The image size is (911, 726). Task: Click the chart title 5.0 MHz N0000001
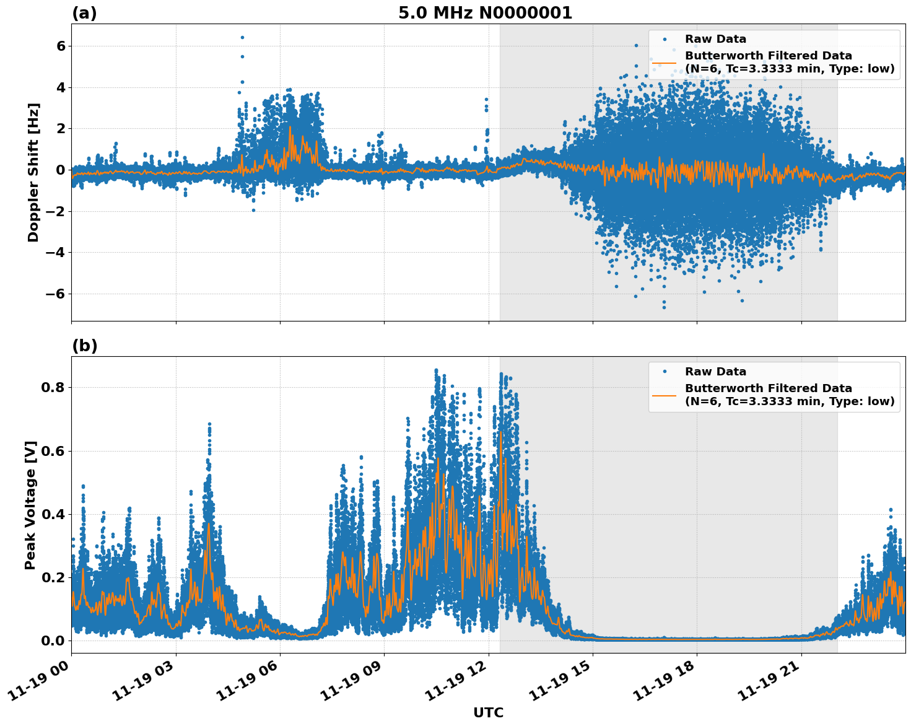click(x=485, y=13)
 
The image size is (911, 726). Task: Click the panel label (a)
click(x=84, y=13)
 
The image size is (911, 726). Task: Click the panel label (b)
click(x=84, y=346)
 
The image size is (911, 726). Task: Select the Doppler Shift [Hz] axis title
click(x=33, y=172)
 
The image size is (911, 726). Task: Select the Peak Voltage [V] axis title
click(x=30, y=505)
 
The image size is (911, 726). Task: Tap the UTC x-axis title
click(x=488, y=712)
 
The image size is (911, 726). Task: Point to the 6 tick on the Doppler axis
click(x=61, y=46)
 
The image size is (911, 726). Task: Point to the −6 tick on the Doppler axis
click(x=56, y=294)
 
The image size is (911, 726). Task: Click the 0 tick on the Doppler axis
click(x=61, y=170)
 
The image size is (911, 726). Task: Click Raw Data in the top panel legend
click(x=715, y=39)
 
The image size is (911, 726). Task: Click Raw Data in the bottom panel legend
click(x=715, y=372)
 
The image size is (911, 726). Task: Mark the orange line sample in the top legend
click(x=664, y=63)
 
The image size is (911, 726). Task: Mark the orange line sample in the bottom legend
click(x=664, y=395)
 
